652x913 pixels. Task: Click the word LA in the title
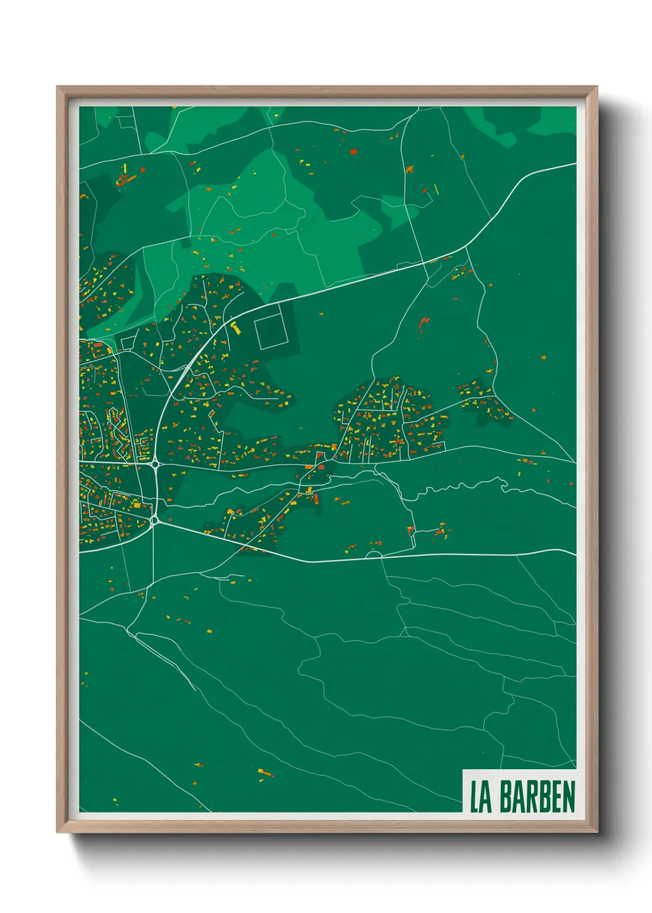click(x=481, y=797)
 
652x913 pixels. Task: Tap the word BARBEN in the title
click(x=537, y=797)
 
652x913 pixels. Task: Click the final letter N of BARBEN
click(x=569, y=797)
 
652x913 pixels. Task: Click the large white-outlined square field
click(x=269, y=331)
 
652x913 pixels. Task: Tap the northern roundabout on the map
click(x=155, y=464)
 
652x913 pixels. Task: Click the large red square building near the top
click(x=354, y=151)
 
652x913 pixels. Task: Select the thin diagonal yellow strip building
click(x=436, y=188)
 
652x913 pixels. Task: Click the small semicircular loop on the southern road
click(x=373, y=555)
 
